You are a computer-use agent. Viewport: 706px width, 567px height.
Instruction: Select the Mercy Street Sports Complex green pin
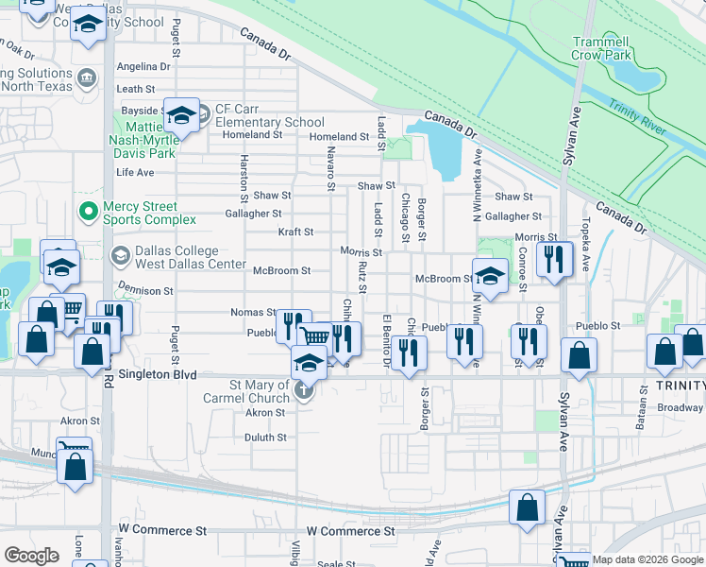click(88, 210)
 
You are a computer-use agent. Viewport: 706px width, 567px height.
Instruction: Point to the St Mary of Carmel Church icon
click(303, 390)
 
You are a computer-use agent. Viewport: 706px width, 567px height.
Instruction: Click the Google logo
click(31, 556)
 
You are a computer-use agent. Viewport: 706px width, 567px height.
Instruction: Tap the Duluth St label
click(265, 438)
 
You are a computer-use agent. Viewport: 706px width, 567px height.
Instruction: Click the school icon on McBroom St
click(490, 274)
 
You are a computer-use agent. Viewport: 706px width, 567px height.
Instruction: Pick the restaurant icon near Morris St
click(554, 257)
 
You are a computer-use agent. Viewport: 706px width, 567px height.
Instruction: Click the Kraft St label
click(295, 232)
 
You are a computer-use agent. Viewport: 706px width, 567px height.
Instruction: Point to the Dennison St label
click(145, 292)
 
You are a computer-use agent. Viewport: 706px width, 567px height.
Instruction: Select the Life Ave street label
click(135, 173)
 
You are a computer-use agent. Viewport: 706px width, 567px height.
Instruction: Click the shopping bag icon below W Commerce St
click(527, 507)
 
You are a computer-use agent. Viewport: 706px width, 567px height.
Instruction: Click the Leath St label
click(135, 89)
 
